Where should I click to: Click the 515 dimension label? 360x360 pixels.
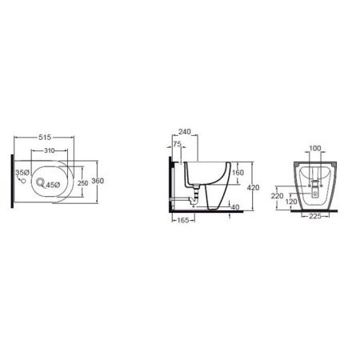45,138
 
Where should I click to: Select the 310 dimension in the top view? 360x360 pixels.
50,150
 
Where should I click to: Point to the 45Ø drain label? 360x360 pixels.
53,185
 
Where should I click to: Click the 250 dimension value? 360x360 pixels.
82,183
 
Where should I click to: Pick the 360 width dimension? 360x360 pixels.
98,181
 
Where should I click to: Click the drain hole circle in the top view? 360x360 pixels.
40,182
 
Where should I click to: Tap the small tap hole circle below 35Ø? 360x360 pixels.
23,182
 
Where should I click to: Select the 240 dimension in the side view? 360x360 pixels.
185,132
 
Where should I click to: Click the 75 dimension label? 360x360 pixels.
177,144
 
